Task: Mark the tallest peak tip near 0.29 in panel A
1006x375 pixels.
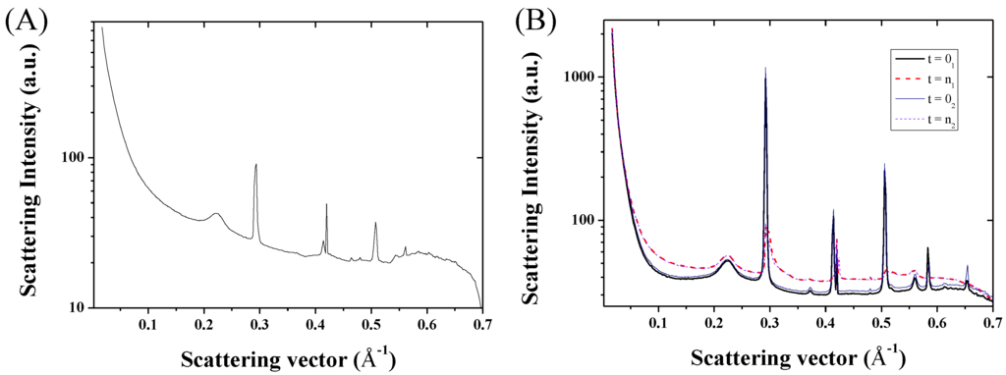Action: pos(256,164)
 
